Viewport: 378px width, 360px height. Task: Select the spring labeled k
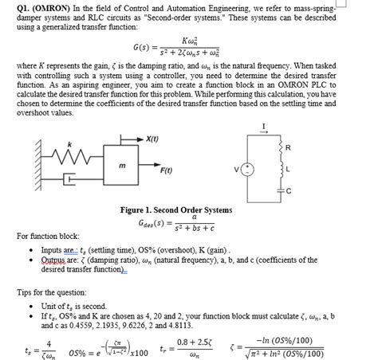pos(71,153)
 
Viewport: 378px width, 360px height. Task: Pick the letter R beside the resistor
pos(289,148)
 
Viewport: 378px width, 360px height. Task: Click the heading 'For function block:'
pos(48,235)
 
